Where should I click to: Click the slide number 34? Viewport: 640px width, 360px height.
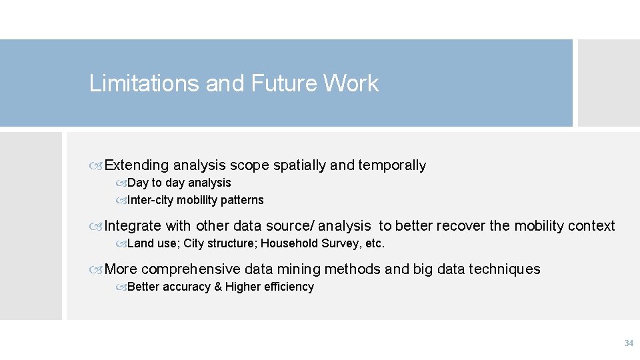pyautogui.click(x=628, y=343)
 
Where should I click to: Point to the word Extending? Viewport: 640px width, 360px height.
pyautogui.click(x=137, y=165)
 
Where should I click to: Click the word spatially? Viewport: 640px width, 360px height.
pyautogui.click(x=300, y=165)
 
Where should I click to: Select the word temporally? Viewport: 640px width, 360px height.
pyautogui.click(x=392, y=165)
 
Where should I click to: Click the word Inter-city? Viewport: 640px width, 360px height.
pyautogui.click(x=150, y=200)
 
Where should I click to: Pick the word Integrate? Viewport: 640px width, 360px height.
pyautogui.click(x=133, y=226)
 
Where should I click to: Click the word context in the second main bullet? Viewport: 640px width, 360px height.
pyautogui.click(x=591, y=226)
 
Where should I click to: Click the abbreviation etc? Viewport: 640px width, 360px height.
pyautogui.click(x=375, y=243)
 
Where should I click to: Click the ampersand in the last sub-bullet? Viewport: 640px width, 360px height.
pyautogui.click(x=218, y=287)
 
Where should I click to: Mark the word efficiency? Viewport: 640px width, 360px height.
pyautogui.click(x=289, y=287)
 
